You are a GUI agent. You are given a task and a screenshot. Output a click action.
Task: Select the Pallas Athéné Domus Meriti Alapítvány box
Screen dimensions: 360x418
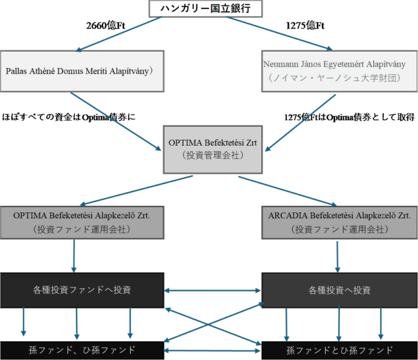tap(81, 71)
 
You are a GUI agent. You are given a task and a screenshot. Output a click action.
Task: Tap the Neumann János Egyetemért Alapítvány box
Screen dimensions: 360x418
tap(336, 71)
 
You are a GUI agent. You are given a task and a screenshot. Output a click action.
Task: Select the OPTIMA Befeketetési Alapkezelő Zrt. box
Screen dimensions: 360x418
tap(81, 222)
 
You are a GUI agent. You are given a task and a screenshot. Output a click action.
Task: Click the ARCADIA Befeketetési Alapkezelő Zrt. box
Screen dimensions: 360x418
tap(338, 222)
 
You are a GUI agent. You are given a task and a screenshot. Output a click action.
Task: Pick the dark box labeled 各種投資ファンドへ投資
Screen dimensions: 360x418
tap(81, 289)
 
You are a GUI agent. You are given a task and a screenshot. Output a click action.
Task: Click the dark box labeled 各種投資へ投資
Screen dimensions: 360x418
tap(338, 289)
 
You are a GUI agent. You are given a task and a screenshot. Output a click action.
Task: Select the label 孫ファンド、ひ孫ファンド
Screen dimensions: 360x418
tap(82, 350)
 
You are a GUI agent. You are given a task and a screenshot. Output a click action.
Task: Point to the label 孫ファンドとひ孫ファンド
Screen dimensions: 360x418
tap(340, 350)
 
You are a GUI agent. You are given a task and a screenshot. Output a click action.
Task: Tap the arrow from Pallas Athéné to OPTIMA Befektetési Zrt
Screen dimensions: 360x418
tap(118, 122)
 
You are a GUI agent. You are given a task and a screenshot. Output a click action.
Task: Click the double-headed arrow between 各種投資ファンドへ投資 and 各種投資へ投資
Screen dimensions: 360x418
tap(212, 289)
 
